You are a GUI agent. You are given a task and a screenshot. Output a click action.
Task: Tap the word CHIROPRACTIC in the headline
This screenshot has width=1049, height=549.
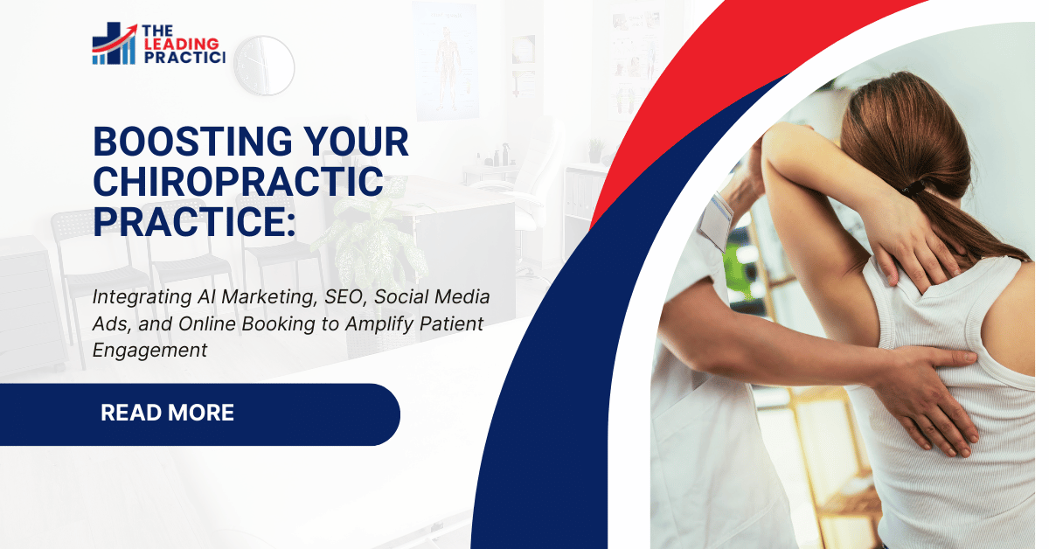coord(238,182)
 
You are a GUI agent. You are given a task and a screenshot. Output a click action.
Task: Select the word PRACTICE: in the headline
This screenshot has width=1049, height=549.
coord(194,220)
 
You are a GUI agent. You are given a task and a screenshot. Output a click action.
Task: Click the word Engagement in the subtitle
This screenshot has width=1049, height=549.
coord(149,351)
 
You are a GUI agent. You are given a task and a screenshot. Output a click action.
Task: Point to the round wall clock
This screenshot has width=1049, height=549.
coord(264,65)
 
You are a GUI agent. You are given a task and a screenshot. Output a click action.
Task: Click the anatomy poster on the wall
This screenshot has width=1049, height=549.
coord(448,61)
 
